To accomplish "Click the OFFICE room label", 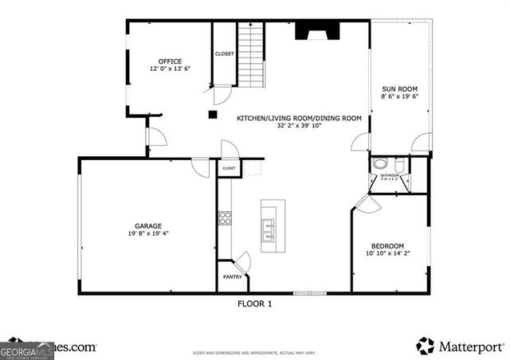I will pos(170,61).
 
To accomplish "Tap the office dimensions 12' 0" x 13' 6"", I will pos(170,69).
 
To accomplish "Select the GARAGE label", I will pos(148,225).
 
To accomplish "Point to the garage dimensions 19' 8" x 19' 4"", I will pos(148,233).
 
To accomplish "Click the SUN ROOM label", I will pos(399,88).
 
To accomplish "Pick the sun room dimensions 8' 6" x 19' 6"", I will pos(399,96).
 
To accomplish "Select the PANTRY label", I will pos(232,277).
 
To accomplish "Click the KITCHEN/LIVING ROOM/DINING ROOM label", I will pos(299,118).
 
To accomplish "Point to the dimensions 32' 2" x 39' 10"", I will pos(299,126).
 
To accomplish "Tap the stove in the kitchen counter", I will pos(226,217).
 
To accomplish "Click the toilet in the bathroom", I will pos(380,165).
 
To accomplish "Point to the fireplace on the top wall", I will pos(312,31).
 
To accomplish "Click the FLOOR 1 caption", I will pos(255,303).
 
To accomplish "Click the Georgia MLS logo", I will pos(25,348).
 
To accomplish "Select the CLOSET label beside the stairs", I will pos(224,54).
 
